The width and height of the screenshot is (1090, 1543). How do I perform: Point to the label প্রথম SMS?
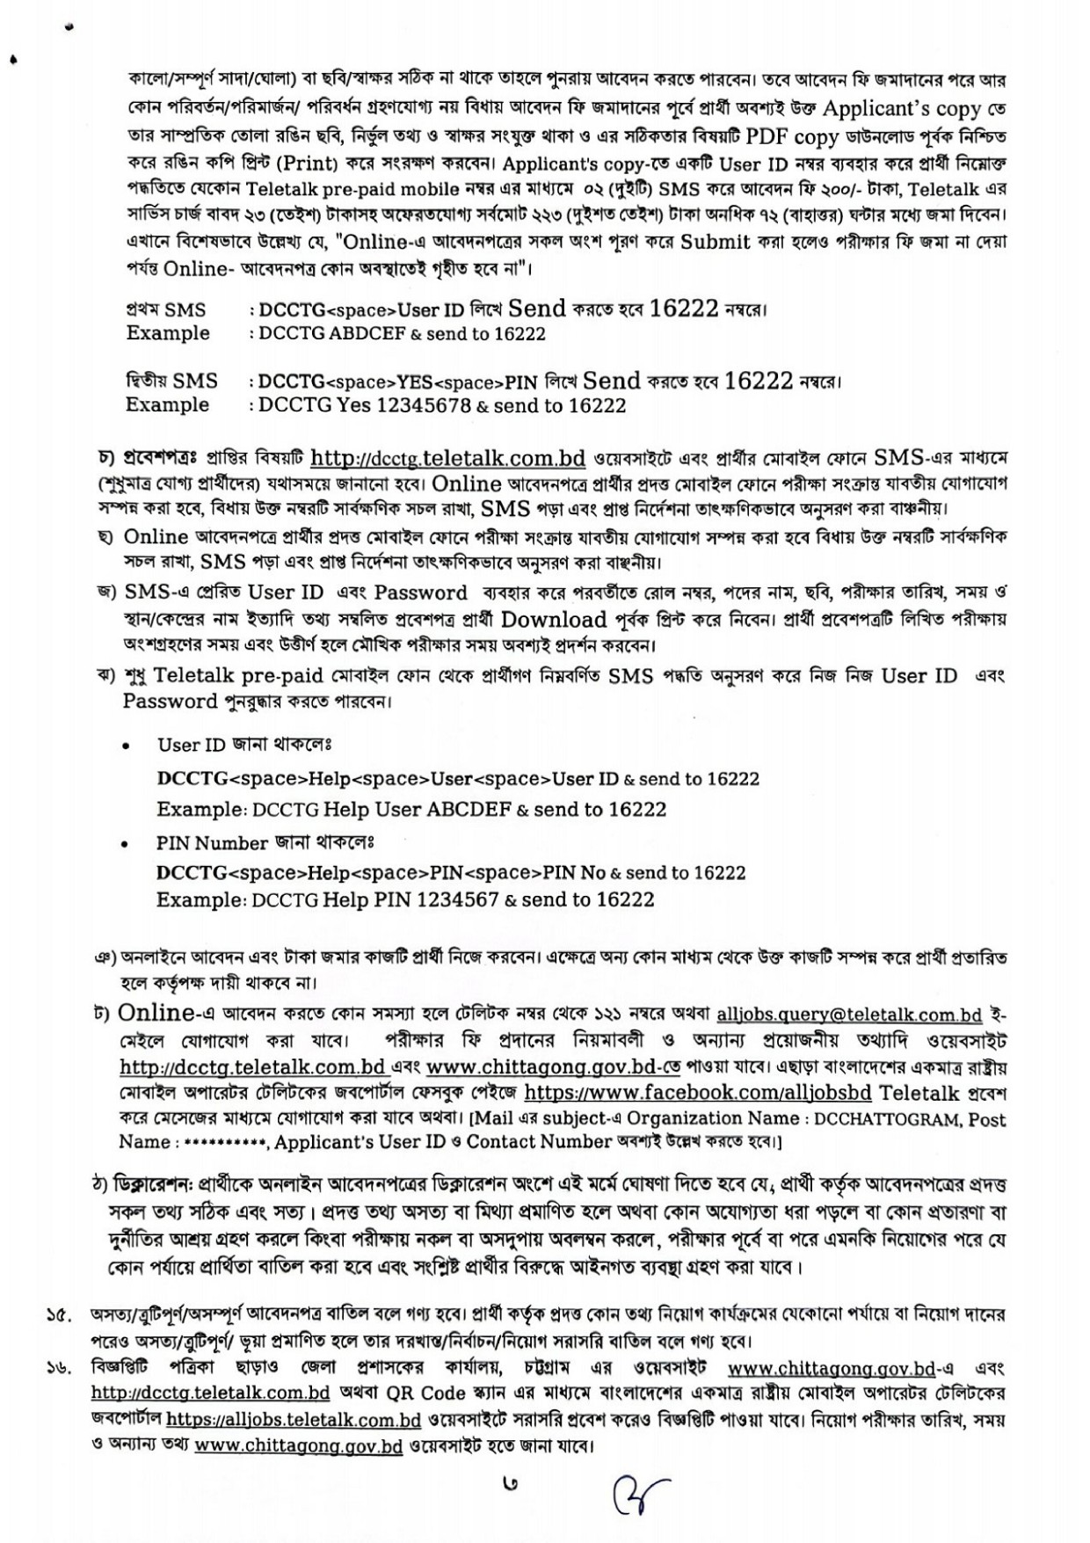coord(166,309)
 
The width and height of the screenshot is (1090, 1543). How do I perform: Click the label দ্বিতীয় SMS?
coord(171,382)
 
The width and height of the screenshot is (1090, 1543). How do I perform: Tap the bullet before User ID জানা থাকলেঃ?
coord(128,746)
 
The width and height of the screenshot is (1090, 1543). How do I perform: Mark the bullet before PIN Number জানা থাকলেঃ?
coord(128,844)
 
